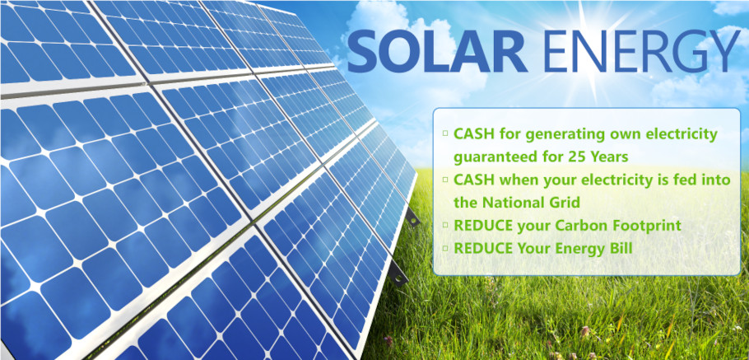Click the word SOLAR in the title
tap(437, 52)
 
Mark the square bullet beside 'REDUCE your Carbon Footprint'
tap(445, 225)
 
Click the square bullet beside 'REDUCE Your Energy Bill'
tap(445, 248)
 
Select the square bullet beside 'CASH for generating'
tap(445, 133)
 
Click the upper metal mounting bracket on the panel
tap(412, 217)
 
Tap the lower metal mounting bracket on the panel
tap(398, 274)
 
